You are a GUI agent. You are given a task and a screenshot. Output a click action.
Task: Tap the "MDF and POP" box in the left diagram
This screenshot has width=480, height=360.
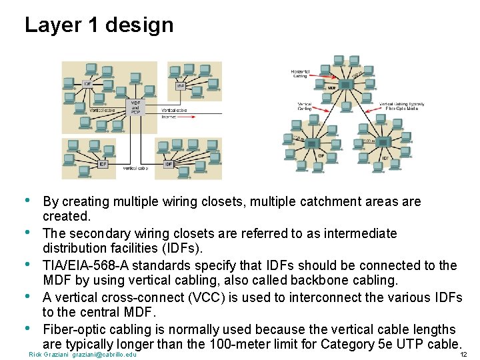tap(135, 107)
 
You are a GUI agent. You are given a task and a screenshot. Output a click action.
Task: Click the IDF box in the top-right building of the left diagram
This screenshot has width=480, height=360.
tap(180, 87)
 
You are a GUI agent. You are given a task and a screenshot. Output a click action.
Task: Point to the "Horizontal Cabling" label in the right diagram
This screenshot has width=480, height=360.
tap(300, 74)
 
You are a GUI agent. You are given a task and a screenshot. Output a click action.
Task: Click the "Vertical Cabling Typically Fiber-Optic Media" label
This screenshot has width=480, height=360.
tap(402, 105)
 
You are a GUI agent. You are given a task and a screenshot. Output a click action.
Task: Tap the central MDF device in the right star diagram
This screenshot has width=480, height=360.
tap(347, 83)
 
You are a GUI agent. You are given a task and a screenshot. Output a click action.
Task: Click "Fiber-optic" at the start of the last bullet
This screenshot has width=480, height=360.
tap(74, 329)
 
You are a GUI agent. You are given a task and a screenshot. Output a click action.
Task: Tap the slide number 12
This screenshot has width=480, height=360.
tap(464, 354)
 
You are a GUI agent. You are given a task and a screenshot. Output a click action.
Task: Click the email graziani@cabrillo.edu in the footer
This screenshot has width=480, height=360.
tap(105, 354)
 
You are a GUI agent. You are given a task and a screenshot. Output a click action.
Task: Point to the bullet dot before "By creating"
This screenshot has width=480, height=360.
tap(27, 200)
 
